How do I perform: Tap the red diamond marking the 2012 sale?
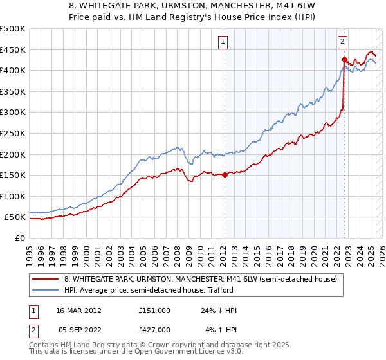pos(225,174)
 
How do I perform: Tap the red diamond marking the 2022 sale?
pos(344,59)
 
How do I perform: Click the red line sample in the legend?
pos(46,279)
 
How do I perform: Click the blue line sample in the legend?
pos(46,290)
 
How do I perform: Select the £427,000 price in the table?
pos(154,329)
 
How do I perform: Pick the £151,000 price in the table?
pos(154,310)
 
